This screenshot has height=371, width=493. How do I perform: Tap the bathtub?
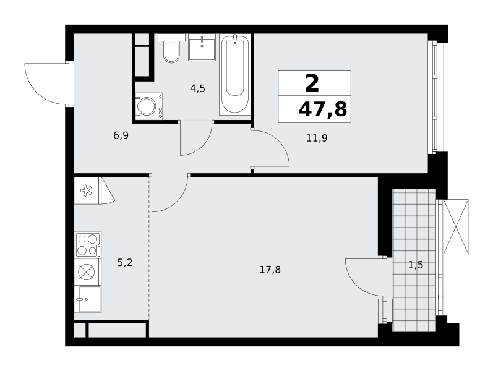point(235,74)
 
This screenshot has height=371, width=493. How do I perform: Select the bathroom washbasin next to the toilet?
point(202,48)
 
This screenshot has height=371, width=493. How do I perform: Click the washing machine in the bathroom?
point(149,106)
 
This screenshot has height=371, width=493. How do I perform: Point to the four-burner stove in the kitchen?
point(88,245)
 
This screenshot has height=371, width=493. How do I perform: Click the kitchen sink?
point(88,299)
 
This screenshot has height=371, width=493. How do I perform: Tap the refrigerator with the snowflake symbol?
point(87,190)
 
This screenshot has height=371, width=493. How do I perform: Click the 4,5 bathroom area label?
point(197,88)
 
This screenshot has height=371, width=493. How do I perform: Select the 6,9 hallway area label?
point(121,136)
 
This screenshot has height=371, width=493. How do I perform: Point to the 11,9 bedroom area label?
point(317,138)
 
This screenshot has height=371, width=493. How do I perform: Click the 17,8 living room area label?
point(270,270)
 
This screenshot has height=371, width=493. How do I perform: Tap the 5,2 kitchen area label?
point(125,263)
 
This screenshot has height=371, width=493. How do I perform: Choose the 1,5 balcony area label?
point(416,265)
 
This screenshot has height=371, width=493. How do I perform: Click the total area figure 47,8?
point(323,109)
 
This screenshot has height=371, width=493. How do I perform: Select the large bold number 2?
point(312,84)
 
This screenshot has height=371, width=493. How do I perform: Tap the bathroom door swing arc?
point(201,145)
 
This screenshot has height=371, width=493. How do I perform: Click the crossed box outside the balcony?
point(456,226)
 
